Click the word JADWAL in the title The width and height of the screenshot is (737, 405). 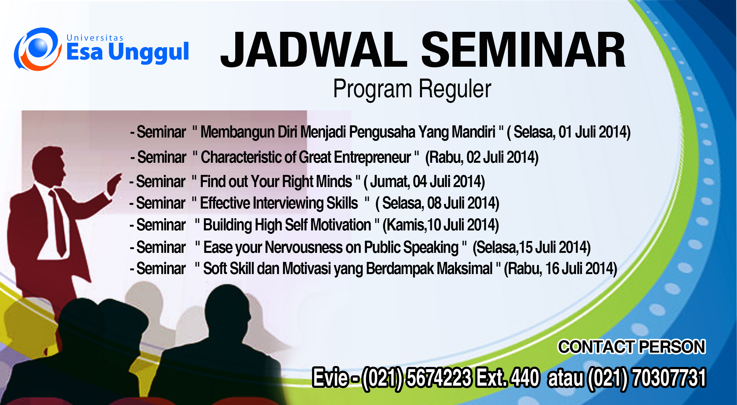click(314, 50)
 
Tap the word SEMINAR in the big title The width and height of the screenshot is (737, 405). click(524, 50)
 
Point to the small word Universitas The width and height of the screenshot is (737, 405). click(95, 38)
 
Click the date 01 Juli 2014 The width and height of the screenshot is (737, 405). click(593, 132)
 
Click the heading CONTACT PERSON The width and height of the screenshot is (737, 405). click(632, 347)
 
